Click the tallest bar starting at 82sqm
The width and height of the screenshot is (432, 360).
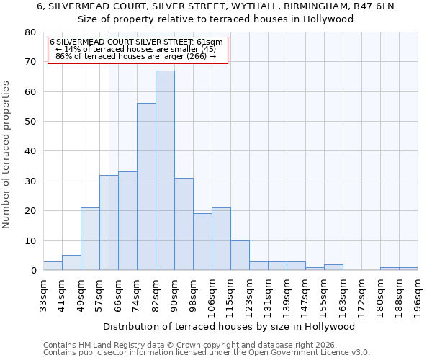click(165, 171)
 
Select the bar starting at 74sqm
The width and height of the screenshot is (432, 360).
click(146, 187)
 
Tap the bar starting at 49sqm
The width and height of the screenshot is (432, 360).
click(90, 239)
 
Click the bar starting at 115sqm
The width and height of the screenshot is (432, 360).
click(240, 256)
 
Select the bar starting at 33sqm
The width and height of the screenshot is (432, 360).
click(53, 266)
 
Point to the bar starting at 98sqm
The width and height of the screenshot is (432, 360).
click(202, 242)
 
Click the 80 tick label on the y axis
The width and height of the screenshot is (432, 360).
click(30, 32)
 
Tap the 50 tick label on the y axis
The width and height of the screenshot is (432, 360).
click(30, 122)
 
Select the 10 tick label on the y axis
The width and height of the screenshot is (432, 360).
click(30, 240)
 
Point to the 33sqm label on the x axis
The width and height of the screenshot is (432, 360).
click(43, 295)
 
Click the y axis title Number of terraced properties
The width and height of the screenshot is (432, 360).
click(6, 154)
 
